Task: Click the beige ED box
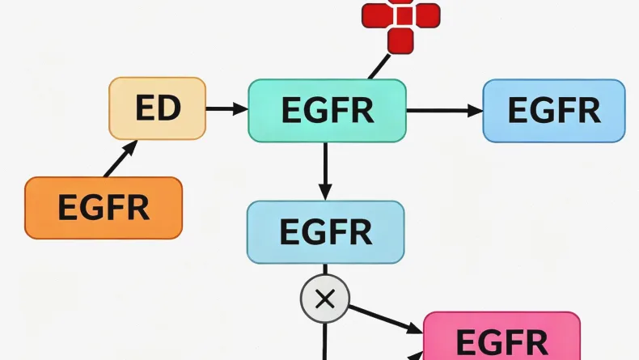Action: click(158, 108)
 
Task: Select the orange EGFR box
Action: click(104, 208)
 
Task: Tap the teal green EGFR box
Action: click(327, 111)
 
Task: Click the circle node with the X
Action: click(324, 299)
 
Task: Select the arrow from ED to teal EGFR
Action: click(226, 108)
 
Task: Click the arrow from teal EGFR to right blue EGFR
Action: click(444, 110)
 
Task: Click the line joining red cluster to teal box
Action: click(378, 66)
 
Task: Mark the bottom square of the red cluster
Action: click(400, 40)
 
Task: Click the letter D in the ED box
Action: click(170, 108)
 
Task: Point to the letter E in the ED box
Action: click(146, 108)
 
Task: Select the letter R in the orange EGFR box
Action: click(138, 208)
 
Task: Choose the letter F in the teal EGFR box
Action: click(340, 111)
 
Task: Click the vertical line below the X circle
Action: click(324, 340)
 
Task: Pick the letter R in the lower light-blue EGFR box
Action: click(360, 232)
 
